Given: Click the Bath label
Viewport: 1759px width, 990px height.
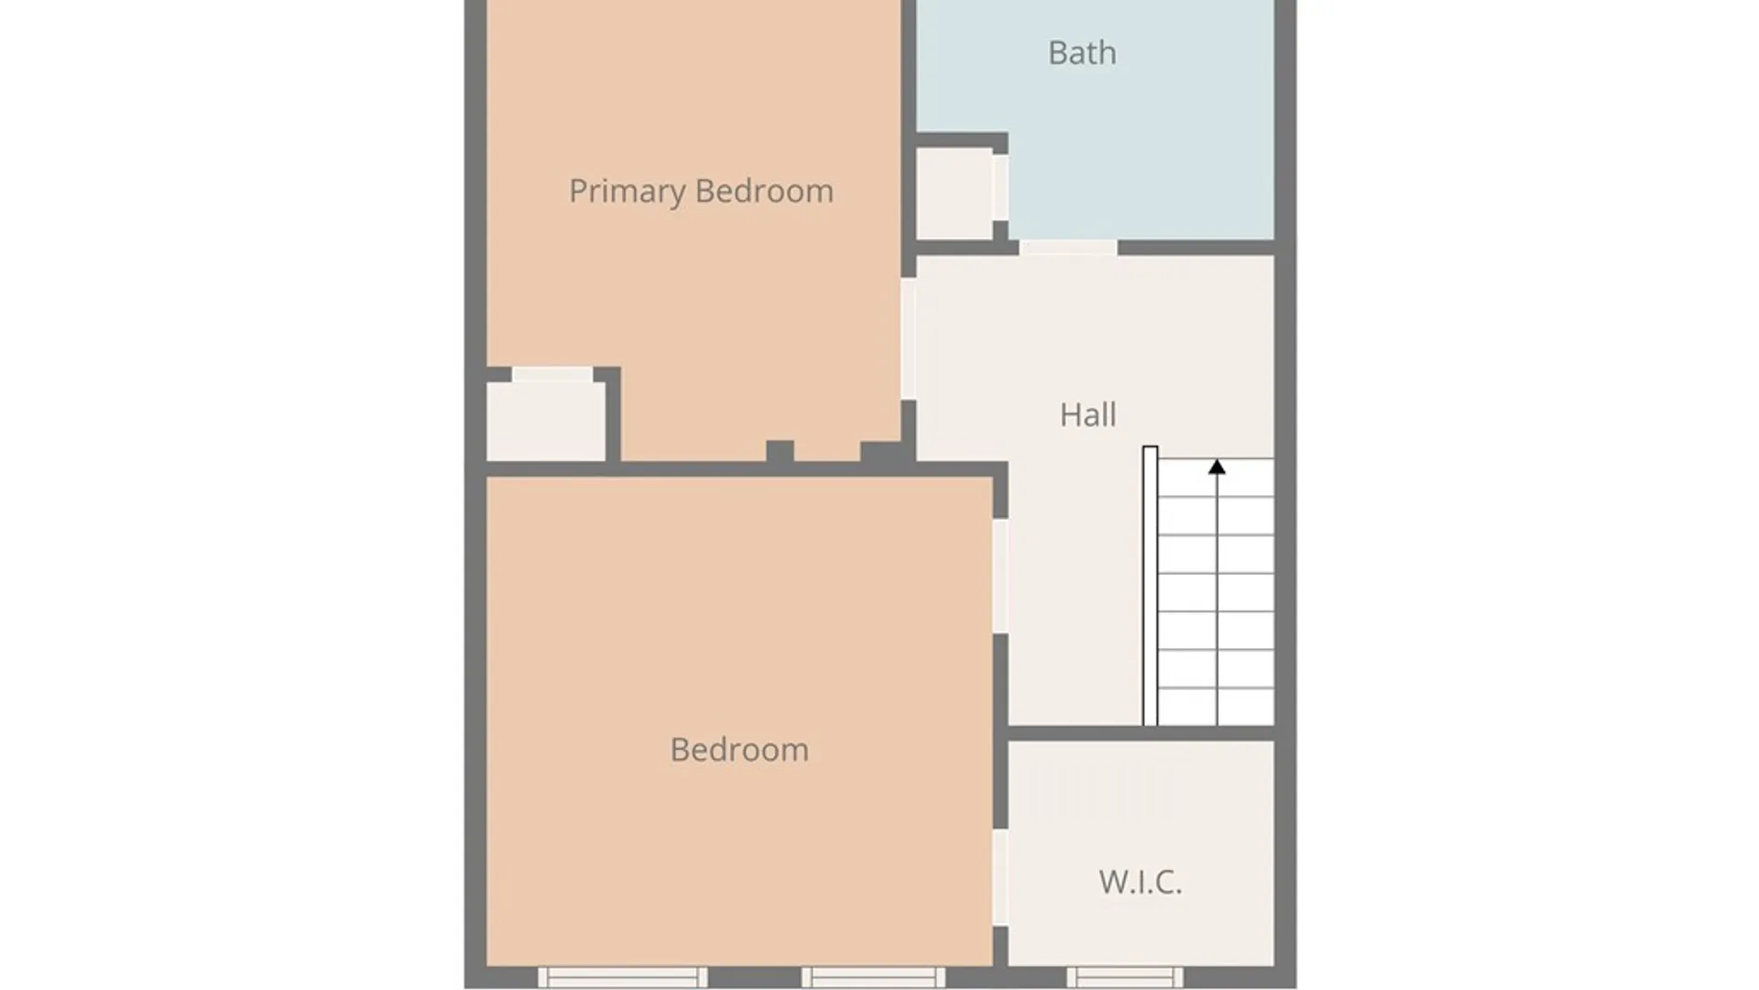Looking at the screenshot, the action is click(1082, 53).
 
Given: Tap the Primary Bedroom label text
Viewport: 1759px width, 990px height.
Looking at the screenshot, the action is click(701, 191).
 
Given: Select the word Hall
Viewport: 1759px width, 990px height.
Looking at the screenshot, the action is click(1087, 414).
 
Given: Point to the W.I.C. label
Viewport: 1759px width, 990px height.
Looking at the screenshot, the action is click(1140, 882).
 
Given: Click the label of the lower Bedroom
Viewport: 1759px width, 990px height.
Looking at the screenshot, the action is click(739, 750).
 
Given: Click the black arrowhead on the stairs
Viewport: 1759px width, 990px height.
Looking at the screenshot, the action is click(1217, 467).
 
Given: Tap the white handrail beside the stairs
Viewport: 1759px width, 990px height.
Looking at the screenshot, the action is click(1150, 586).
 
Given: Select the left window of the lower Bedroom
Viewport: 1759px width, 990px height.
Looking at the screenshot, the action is click(623, 977).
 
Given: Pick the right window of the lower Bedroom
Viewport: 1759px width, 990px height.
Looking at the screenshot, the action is click(873, 977).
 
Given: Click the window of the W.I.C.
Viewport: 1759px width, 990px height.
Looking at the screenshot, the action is click(1125, 977).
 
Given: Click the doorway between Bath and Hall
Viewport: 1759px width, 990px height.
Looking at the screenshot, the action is click(1068, 247).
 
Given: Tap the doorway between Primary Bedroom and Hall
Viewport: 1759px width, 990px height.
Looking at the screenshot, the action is click(908, 338).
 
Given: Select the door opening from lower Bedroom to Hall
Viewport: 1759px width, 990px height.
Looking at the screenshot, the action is click(1000, 576).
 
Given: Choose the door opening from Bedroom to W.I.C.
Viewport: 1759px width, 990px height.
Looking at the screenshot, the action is click(1000, 877).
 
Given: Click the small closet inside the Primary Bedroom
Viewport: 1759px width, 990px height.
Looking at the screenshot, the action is click(546, 422).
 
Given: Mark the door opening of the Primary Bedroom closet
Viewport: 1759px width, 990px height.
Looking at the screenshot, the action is click(552, 374).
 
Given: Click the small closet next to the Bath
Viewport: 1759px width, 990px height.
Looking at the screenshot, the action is click(955, 193).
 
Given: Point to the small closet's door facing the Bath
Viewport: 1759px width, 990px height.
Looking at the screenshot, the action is click(1000, 188).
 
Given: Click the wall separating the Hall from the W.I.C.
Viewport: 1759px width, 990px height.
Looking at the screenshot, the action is click(1142, 733).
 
